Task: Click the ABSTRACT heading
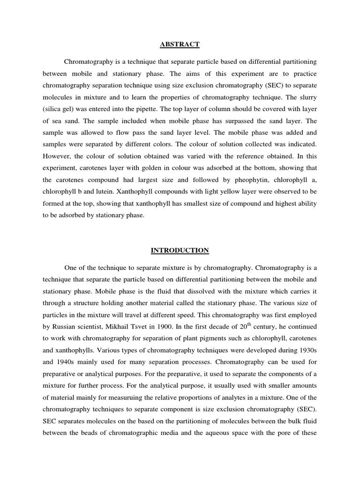180,45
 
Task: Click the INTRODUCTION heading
180,251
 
